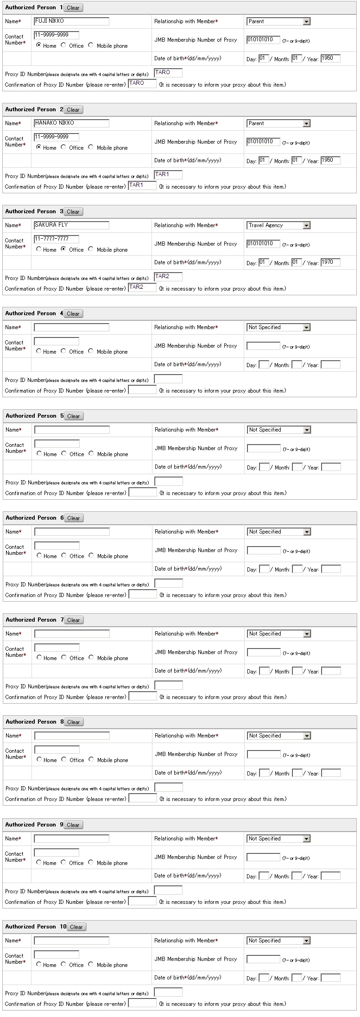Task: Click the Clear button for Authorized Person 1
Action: pyautogui.click(x=73, y=7)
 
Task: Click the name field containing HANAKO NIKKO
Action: pyautogui.click(x=71, y=123)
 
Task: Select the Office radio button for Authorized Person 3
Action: pyautogui.click(x=63, y=249)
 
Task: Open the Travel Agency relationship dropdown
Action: pyautogui.click(x=278, y=225)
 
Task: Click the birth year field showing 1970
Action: pyautogui.click(x=330, y=262)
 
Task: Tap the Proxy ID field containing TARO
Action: pyautogui.click(x=168, y=72)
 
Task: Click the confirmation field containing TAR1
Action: pyautogui.click(x=142, y=185)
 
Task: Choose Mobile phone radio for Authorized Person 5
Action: pyautogui.click(x=91, y=453)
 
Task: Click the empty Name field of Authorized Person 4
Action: pyautogui.click(x=71, y=327)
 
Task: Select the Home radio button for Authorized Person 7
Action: pyautogui.click(x=39, y=657)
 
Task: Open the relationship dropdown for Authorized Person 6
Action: pyautogui.click(x=278, y=532)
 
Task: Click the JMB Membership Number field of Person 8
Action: pyautogui.click(x=264, y=754)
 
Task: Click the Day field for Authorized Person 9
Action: pyautogui.click(x=264, y=876)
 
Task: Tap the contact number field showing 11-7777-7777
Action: pyautogui.click(x=56, y=239)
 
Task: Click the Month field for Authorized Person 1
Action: pyautogui.click(x=297, y=58)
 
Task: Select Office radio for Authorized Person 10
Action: pyautogui.click(x=63, y=964)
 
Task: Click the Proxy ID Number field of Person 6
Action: pyautogui.click(x=168, y=583)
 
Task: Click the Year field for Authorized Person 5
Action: pyautogui.click(x=331, y=467)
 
